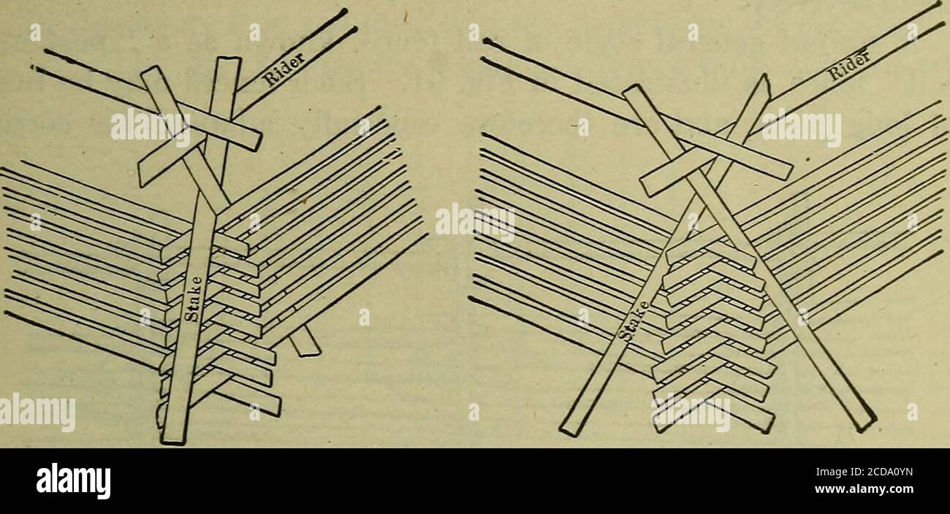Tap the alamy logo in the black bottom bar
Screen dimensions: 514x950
73,480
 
